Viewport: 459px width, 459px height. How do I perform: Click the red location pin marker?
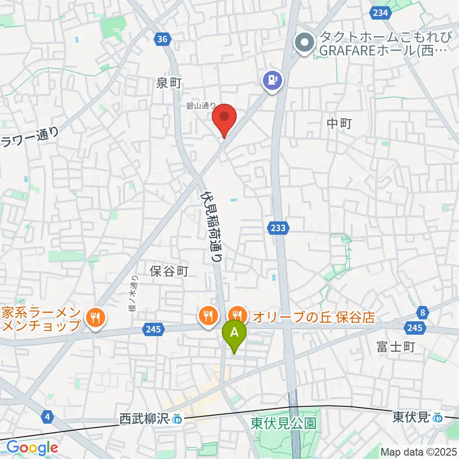(x=225, y=118)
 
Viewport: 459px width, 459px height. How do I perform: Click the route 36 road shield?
(x=163, y=39)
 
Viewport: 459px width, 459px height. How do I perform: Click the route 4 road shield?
(x=46, y=417)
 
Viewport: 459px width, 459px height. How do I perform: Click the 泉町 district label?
(x=169, y=83)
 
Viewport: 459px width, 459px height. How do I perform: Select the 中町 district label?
(x=339, y=124)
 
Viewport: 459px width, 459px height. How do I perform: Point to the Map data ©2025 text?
(x=419, y=451)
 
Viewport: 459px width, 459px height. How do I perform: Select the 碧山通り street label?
(x=202, y=106)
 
